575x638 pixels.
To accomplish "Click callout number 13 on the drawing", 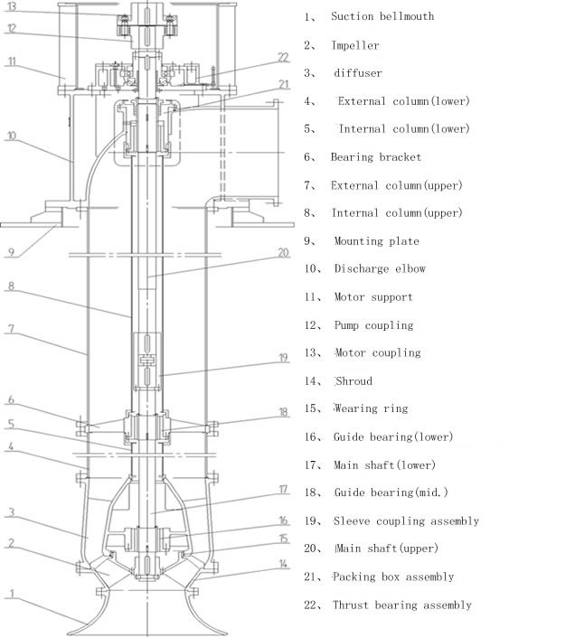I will pos(12,6).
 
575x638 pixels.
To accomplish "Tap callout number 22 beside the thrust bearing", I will pos(283,57).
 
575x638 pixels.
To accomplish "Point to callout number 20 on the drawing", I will pos(283,253).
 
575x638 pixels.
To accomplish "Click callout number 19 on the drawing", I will pos(283,358).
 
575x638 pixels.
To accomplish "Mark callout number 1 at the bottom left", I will pos(11,593).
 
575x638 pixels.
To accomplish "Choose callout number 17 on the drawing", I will pos(283,490).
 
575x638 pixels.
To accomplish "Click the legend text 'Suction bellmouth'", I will pos(382,16).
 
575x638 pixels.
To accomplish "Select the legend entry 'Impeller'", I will pos(355,45).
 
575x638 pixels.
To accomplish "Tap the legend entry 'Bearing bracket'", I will pos(375,157).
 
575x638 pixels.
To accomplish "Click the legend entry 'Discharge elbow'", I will pos(380,269).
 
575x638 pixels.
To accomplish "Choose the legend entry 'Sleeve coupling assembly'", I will pos(406,521).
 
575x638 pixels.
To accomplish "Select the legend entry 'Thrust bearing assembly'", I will pos(401,605).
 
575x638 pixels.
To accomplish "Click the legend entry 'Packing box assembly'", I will pos(392,577).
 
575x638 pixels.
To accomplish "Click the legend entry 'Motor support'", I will pos(372,297).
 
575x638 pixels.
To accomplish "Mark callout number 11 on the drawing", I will pos(11,61).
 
